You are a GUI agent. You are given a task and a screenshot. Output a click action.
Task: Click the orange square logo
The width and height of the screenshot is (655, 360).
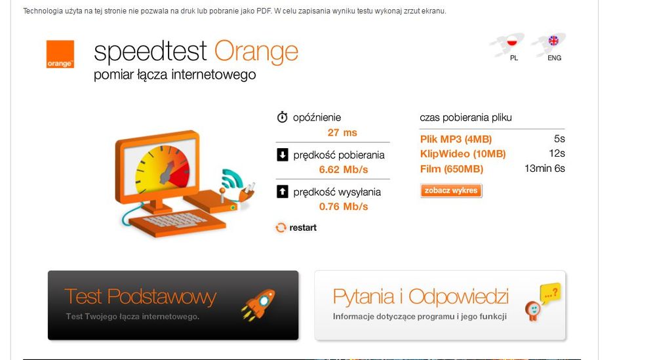pyautogui.click(x=60, y=54)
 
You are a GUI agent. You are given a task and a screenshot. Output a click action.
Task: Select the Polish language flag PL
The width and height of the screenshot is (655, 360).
pyautogui.click(x=512, y=41)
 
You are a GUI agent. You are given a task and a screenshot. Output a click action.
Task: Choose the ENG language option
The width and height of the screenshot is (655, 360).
pyautogui.click(x=553, y=41)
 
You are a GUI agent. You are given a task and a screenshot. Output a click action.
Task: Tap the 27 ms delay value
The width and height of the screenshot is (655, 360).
pyautogui.click(x=342, y=133)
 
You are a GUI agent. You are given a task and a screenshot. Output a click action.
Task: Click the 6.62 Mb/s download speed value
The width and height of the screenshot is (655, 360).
pyautogui.click(x=344, y=170)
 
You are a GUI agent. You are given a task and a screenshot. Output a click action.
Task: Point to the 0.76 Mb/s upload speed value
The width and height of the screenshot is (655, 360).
pyautogui.click(x=344, y=207)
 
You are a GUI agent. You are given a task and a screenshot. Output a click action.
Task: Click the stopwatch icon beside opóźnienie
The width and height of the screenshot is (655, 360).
pyautogui.click(x=283, y=117)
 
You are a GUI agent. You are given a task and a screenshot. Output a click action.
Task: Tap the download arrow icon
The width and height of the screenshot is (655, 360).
pyautogui.click(x=283, y=155)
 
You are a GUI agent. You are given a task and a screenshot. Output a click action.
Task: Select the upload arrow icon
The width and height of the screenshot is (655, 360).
pyautogui.click(x=283, y=191)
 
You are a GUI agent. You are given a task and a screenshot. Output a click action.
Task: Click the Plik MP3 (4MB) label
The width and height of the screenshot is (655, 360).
pyautogui.click(x=456, y=139)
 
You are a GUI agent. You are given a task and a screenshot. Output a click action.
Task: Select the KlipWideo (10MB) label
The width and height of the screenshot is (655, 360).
pyautogui.click(x=463, y=154)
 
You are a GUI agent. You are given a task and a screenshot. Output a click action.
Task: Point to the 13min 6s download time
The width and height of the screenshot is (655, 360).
pyautogui.click(x=545, y=169)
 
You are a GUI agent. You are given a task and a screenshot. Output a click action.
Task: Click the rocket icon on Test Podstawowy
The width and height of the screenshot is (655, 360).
pyautogui.click(x=258, y=305)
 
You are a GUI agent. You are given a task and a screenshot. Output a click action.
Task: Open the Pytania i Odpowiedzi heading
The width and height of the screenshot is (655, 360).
pyautogui.click(x=421, y=297)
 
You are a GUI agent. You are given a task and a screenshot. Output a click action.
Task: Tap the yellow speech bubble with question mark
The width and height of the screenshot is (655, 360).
pyautogui.click(x=550, y=293)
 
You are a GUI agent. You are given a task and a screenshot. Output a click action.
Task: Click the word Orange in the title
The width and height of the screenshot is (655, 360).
pyautogui.click(x=256, y=52)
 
